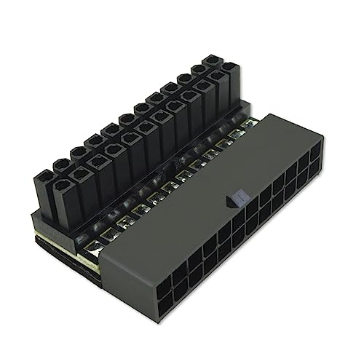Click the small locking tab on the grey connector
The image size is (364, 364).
pyautogui.click(x=234, y=197)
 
